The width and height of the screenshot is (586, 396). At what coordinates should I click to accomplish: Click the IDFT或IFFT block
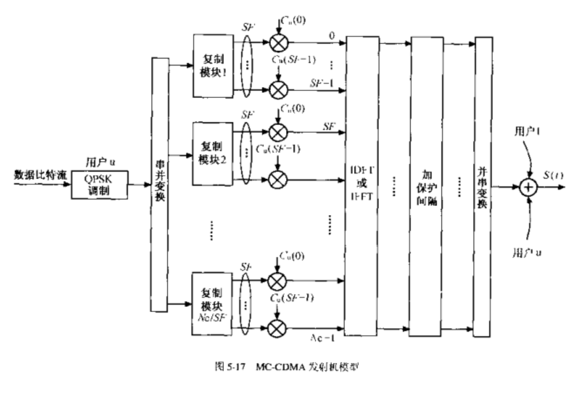[x=360, y=186]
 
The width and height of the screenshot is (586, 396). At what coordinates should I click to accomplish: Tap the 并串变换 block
[x=483, y=186]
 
